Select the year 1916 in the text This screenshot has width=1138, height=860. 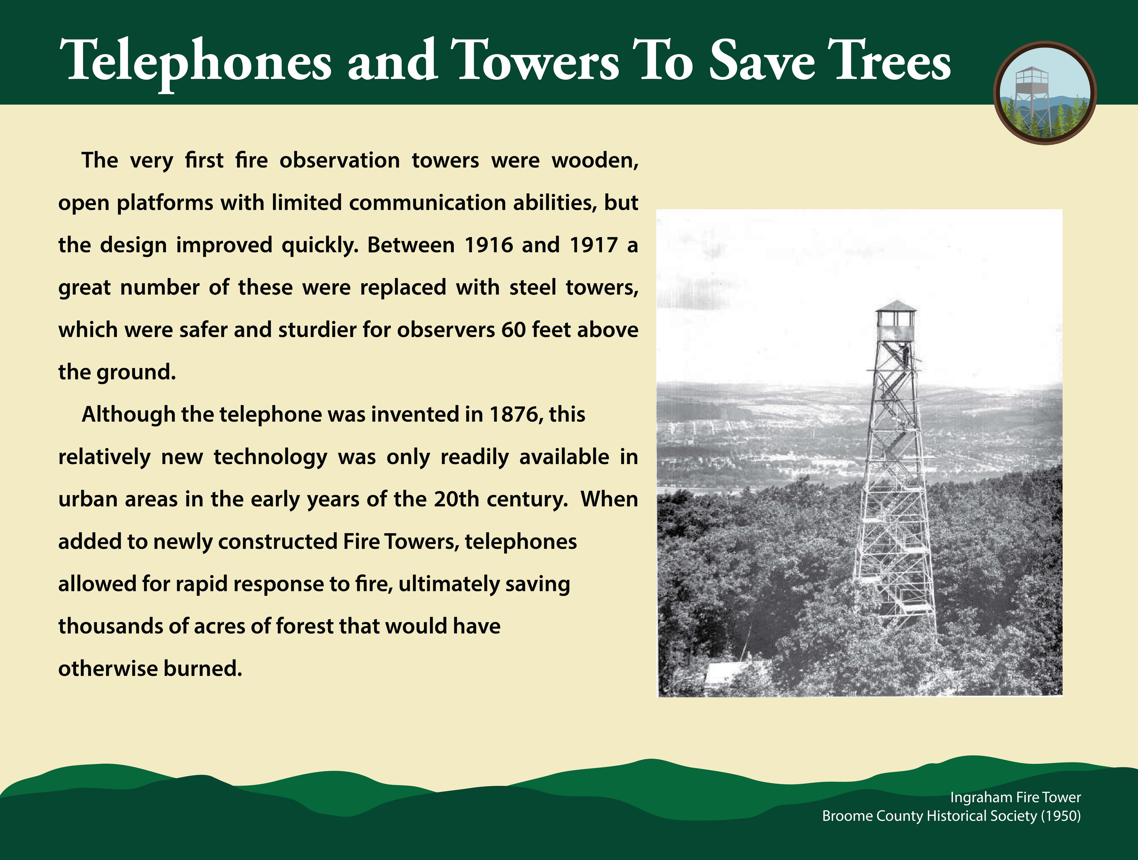point(489,245)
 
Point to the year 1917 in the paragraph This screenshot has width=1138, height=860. point(593,245)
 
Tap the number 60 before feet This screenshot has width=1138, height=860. point(513,330)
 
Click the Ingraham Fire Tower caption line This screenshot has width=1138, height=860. point(1015,797)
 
